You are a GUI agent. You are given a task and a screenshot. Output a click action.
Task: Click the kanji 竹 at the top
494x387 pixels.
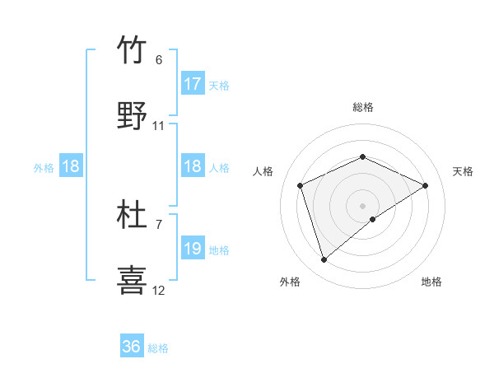tap(133, 50)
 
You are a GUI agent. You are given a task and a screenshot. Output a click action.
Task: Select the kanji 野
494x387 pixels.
tap(133, 115)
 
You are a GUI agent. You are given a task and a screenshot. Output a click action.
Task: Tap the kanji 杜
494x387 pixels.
tap(133, 215)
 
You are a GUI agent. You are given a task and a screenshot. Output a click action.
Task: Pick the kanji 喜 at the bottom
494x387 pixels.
tap(133, 280)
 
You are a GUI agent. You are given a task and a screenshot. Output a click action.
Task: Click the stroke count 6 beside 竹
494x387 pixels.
tap(159, 60)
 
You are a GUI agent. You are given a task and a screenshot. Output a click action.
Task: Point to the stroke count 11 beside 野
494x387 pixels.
tap(159, 126)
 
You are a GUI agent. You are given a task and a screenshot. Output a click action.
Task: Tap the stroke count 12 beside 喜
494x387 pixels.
tap(159, 290)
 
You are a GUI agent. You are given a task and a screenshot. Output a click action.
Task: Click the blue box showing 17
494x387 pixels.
tap(193, 84)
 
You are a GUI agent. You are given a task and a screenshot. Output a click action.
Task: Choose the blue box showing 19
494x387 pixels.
tap(193, 249)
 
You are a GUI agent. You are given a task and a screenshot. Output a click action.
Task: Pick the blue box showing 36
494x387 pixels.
tap(132, 347)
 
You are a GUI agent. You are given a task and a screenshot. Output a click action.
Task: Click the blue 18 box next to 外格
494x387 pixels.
tap(71, 166)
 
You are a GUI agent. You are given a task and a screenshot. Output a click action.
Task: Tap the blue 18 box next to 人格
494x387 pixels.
tap(193, 166)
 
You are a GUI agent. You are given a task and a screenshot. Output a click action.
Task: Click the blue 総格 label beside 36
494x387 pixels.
tap(158, 348)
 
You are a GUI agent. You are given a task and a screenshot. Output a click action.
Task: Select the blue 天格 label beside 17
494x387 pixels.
tap(219, 85)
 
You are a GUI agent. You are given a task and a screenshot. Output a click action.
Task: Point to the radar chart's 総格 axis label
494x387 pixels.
tap(362, 108)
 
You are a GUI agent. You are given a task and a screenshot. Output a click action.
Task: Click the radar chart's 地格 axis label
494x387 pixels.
tap(431, 282)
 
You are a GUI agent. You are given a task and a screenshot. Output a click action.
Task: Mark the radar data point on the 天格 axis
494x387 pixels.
tap(426, 185)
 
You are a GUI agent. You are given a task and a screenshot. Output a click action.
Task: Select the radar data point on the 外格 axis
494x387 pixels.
tap(324, 260)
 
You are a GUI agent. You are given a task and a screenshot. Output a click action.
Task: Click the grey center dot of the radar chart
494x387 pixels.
tap(362, 206)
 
